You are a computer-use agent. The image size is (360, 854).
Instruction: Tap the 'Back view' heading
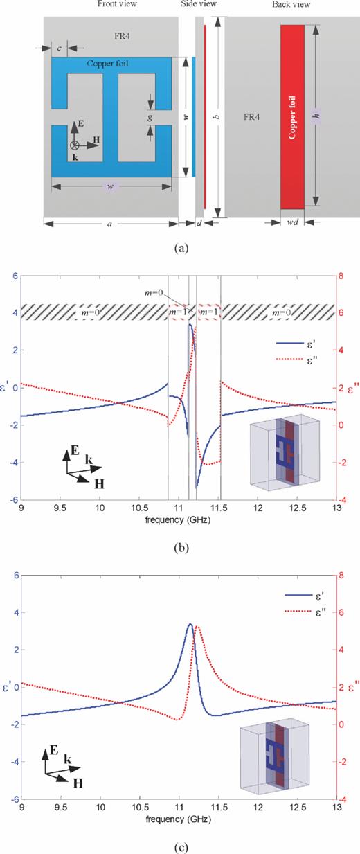pos(292,4)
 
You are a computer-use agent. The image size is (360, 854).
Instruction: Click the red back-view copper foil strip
pos(292,116)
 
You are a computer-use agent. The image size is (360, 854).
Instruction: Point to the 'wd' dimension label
pos(291,223)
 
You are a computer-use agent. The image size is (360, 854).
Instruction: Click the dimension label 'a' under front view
pos(111,224)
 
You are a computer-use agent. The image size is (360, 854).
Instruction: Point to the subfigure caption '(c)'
pos(179,844)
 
